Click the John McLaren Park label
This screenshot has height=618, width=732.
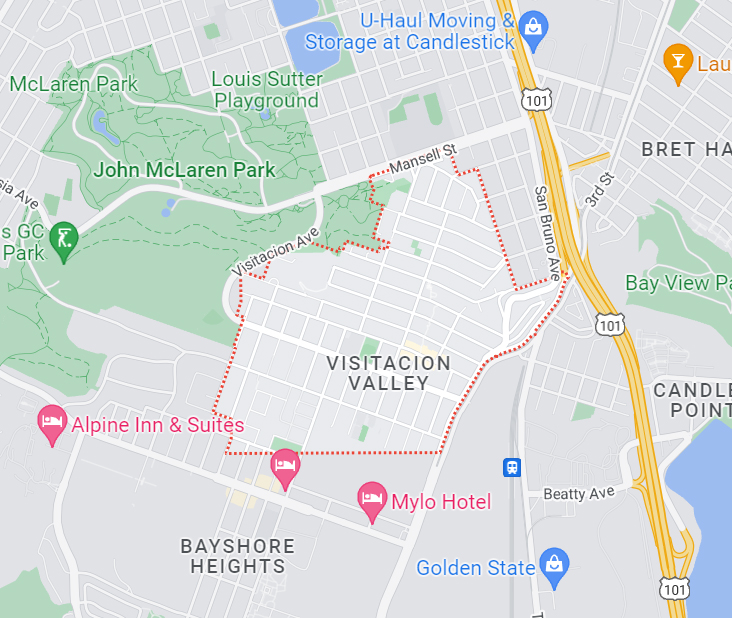[x=184, y=170]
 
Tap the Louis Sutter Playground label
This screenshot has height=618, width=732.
[x=266, y=90]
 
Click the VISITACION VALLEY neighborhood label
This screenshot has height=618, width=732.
[x=389, y=373]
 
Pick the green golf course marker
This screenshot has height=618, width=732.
[x=65, y=240]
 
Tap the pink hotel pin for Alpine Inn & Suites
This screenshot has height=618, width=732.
[x=51, y=424]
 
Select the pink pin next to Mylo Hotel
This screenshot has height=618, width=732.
[x=373, y=500]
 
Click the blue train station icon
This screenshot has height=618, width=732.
[x=512, y=467]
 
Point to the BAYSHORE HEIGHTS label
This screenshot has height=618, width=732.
[x=238, y=556]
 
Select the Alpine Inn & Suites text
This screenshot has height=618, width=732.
[x=158, y=424]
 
